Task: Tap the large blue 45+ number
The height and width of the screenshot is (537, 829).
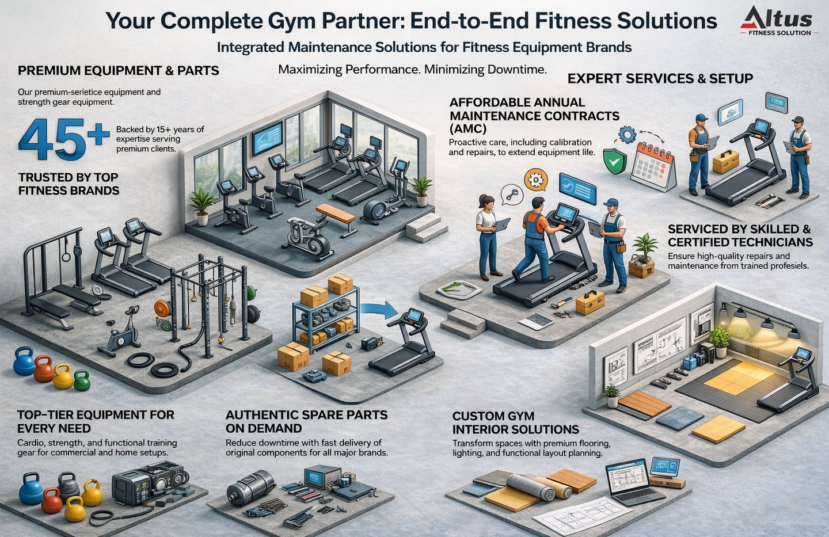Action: coord(63,139)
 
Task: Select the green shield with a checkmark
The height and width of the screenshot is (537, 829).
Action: coord(614,162)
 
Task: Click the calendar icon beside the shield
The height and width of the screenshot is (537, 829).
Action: coord(653,166)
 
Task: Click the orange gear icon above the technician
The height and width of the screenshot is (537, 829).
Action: coord(537,180)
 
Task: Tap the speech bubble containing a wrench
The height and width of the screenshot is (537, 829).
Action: coord(510,194)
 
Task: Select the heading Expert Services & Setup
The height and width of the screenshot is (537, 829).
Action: coord(660,79)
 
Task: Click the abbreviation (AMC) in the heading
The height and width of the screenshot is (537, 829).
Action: coord(467,129)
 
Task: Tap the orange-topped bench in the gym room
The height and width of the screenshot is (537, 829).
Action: coord(336,214)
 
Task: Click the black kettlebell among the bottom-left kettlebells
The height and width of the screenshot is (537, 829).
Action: coord(69,485)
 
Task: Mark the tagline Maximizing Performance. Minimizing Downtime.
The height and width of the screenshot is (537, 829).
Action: coord(412,70)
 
